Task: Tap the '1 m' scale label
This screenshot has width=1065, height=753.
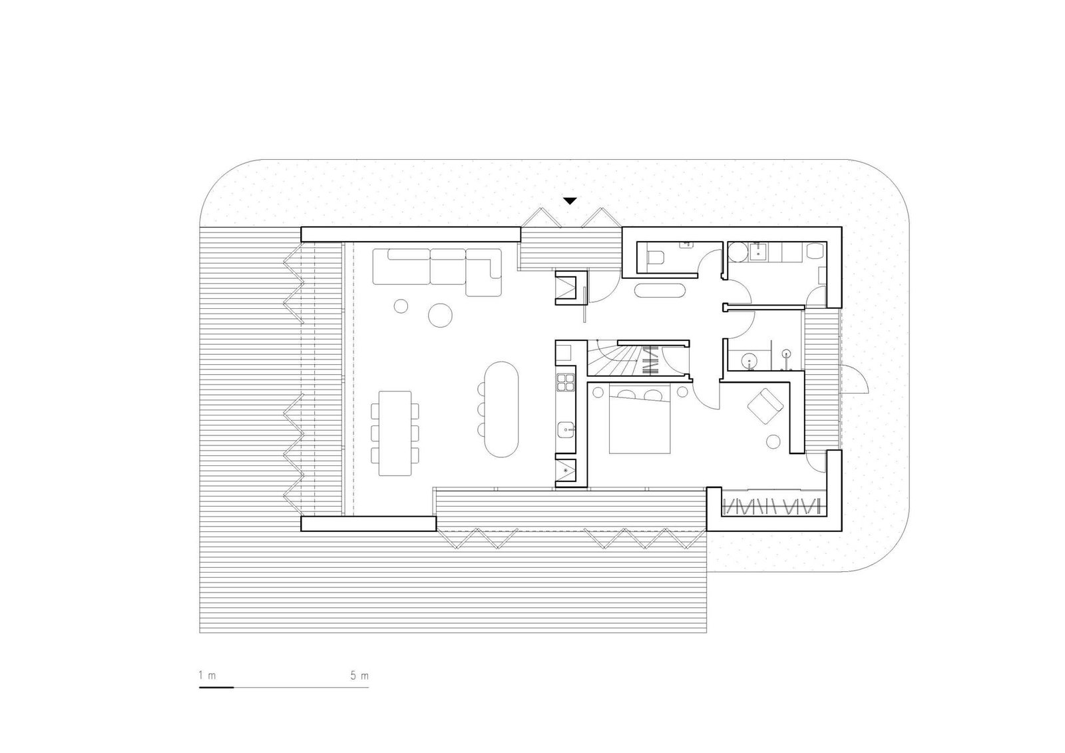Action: pos(207,676)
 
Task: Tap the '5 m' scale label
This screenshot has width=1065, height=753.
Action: pos(359,676)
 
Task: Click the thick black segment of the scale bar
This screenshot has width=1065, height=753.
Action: pos(216,686)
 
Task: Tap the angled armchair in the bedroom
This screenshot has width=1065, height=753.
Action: pos(763,405)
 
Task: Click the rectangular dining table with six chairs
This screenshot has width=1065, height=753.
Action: pos(395,433)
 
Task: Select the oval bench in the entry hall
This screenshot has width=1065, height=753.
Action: pos(659,291)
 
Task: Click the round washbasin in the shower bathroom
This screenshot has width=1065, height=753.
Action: pos(750,362)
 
